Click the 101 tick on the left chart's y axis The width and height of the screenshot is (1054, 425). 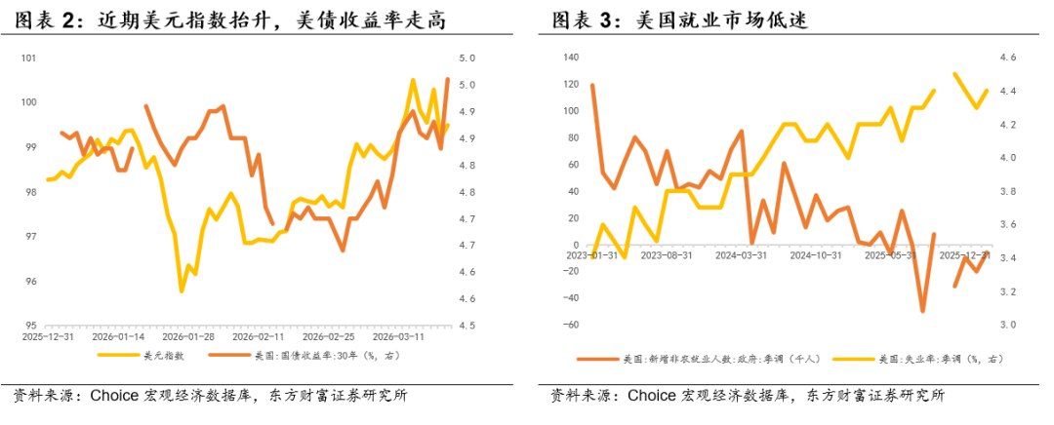pos(29,58)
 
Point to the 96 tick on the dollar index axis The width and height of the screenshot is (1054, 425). pos(30,282)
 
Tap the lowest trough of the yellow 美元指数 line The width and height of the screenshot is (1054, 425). pos(182,290)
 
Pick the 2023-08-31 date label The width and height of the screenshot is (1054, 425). pos(667,256)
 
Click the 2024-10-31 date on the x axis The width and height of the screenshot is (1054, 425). pos(815,256)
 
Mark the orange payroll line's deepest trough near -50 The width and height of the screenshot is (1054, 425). pos(922,311)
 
